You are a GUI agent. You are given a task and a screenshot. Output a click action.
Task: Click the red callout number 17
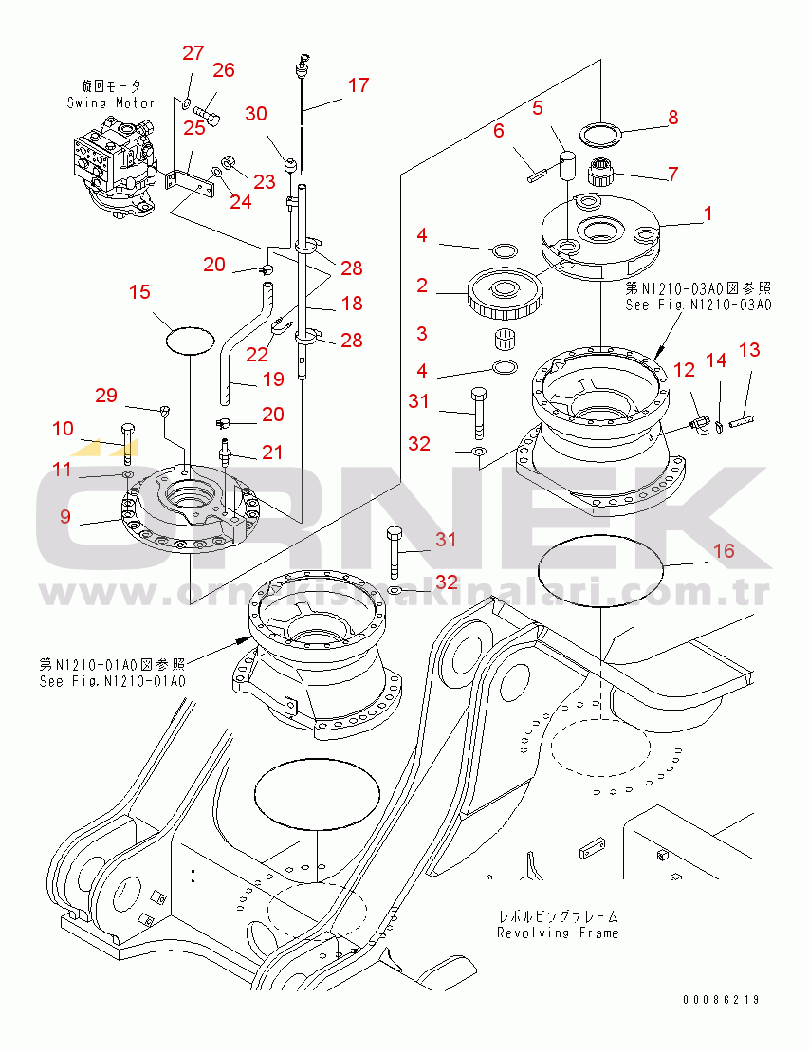coord(358,84)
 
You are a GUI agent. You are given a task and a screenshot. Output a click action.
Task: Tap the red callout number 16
coord(724,550)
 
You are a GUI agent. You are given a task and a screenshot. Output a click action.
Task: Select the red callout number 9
coord(65,516)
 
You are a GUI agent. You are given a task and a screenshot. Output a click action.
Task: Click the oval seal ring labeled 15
coord(189,337)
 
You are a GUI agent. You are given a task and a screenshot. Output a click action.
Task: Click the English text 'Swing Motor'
coord(111,102)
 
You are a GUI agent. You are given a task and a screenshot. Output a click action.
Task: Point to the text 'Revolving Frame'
coord(558,933)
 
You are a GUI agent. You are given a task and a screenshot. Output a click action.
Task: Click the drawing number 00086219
coord(721,1000)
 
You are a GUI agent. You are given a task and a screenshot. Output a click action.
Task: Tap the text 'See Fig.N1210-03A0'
coord(698,305)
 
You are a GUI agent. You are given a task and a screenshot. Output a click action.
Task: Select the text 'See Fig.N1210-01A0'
coord(112,681)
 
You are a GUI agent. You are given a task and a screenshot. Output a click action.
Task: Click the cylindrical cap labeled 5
coord(568,164)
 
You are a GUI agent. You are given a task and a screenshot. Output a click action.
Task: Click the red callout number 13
coord(749,350)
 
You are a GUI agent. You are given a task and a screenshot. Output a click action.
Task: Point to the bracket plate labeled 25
coord(192,177)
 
